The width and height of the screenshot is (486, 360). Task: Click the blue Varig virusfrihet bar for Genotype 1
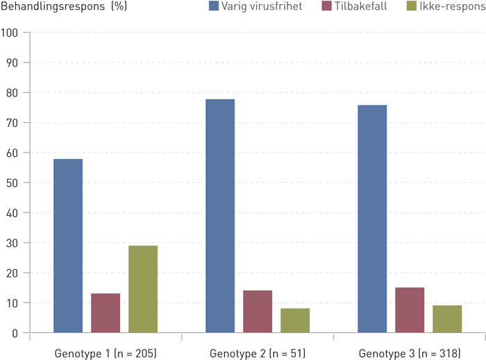pos(68,246)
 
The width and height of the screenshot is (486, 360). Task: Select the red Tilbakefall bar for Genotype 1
pos(106,314)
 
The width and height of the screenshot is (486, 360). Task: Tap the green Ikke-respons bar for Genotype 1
pos(143,289)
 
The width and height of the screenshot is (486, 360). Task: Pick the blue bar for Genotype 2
pos(220,216)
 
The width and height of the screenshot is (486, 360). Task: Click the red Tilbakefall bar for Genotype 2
pos(258,312)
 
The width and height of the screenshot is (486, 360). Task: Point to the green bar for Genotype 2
pos(295,320)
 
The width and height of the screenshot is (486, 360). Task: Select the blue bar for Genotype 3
pos(372,219)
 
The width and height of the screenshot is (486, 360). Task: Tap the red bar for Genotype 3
pos(410,310)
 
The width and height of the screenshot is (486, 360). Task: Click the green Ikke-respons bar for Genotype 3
pos(447,319)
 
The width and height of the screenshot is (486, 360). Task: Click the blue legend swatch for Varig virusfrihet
pos(215,8)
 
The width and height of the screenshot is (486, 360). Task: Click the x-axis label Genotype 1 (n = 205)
pos(106,353)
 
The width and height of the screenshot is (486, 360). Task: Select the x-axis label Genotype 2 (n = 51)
pos(258,353)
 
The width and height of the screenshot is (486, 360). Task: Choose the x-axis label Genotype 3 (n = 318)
pos(410,353)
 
